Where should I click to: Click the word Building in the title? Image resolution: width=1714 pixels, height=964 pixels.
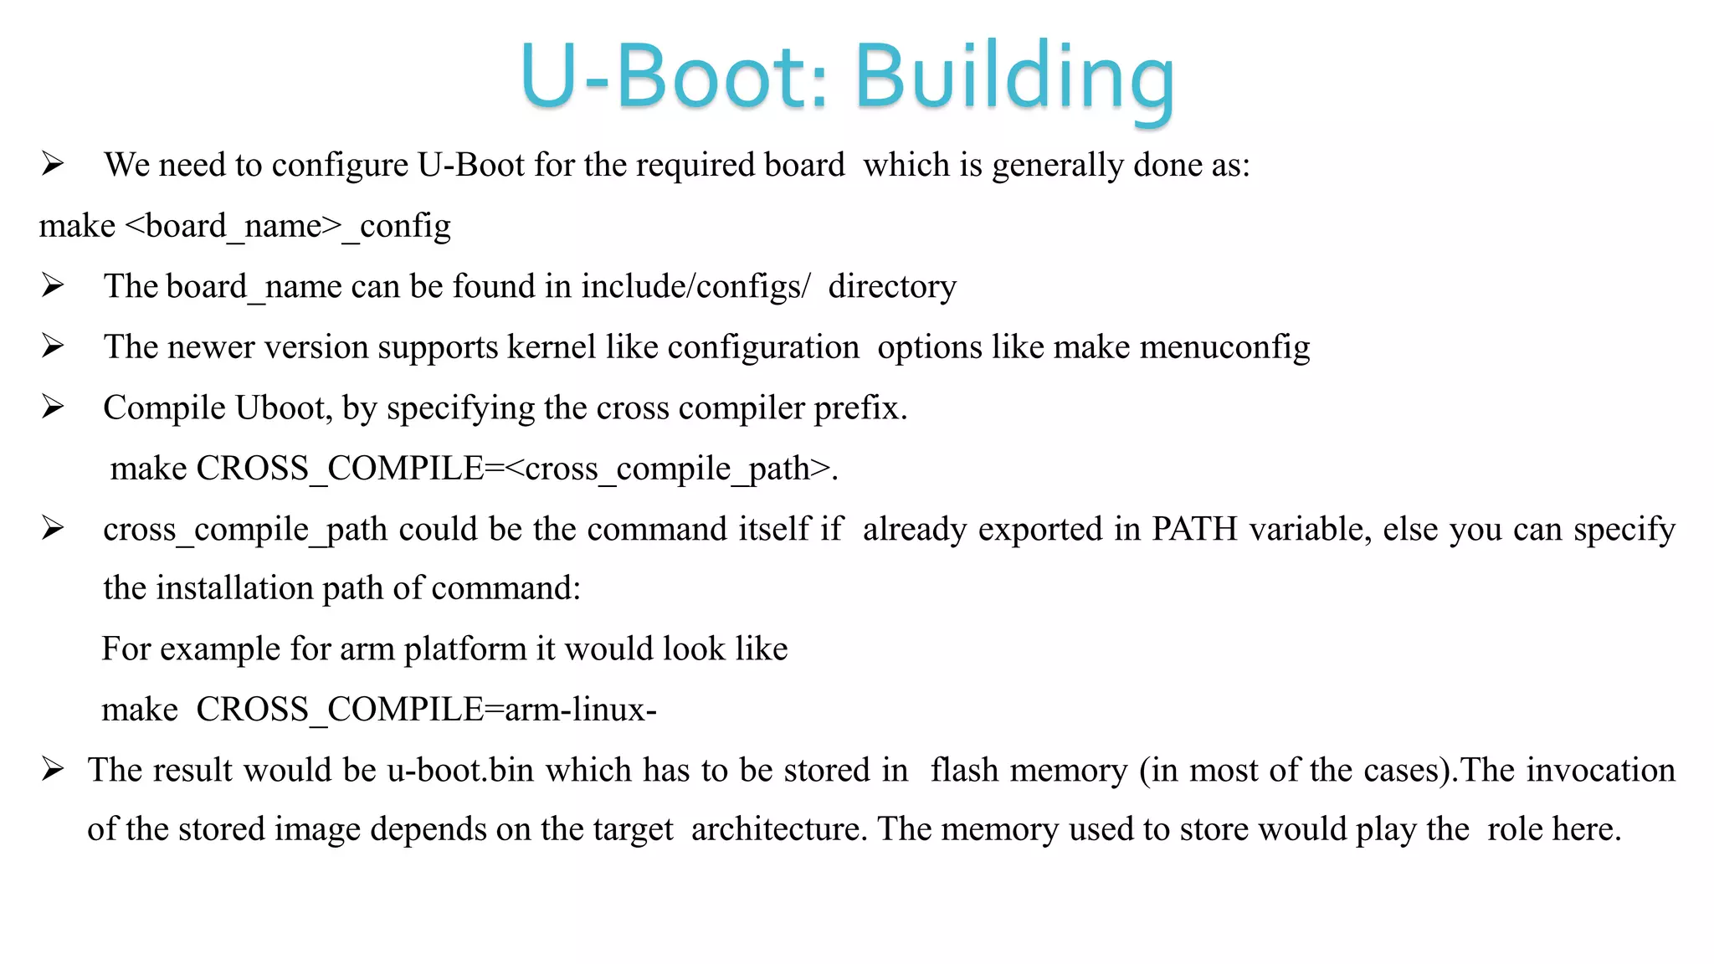1014,77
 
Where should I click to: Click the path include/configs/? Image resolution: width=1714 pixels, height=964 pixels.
695,287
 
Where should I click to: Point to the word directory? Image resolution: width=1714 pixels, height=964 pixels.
892,287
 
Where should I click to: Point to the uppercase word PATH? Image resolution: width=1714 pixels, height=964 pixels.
1194,529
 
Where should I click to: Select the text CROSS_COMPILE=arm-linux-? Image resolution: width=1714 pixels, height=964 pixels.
426,710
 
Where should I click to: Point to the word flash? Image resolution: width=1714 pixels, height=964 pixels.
964,770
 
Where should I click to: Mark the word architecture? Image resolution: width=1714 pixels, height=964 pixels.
778,829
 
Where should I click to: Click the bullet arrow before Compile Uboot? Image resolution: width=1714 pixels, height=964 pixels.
53,408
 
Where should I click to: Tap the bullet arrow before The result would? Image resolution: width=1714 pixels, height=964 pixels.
53,769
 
